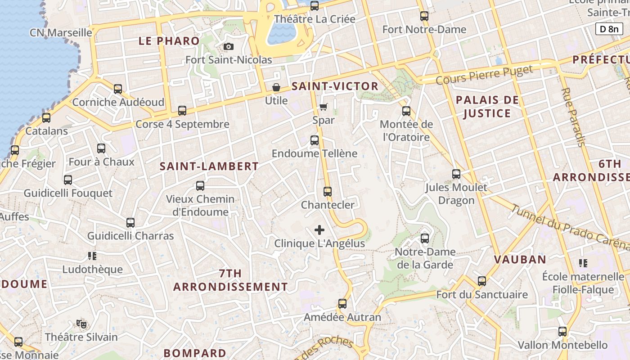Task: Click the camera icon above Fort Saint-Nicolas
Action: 229,47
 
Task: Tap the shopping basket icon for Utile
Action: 276,87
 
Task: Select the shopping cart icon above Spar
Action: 323,107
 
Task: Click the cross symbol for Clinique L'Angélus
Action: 319,230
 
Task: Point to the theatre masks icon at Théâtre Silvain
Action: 81,324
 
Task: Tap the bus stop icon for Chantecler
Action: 328,192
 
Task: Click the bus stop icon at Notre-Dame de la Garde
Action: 425,238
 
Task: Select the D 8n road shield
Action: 609,29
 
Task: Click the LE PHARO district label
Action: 169,41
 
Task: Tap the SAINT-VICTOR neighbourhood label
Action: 335,86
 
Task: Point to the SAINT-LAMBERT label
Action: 209,166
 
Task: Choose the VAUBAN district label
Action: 520,260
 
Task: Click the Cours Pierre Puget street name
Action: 484,75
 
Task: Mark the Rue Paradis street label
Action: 573,117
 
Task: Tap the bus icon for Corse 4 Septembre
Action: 182,111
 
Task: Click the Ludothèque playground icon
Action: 92,256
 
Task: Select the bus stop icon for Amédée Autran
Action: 342,304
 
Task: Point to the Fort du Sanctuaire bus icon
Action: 482,282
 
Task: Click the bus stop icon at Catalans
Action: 46,118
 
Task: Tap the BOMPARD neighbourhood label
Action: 195,353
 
